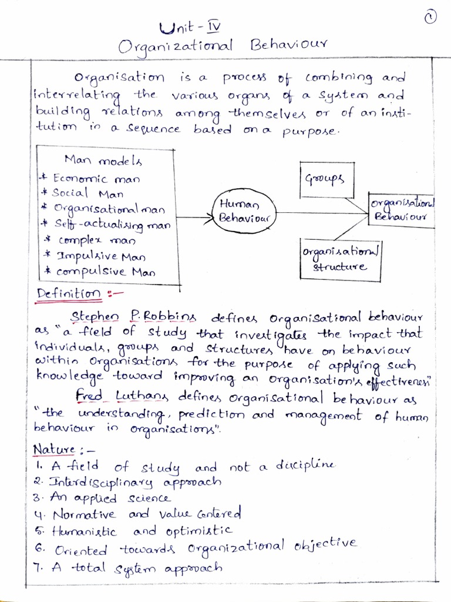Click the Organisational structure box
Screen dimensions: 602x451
340,257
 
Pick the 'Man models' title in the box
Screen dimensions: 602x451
103,160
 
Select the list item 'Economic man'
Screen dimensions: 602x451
96,178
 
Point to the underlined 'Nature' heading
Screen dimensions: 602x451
54,450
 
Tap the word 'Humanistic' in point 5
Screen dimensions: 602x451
84,531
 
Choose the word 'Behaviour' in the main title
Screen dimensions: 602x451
288,46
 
